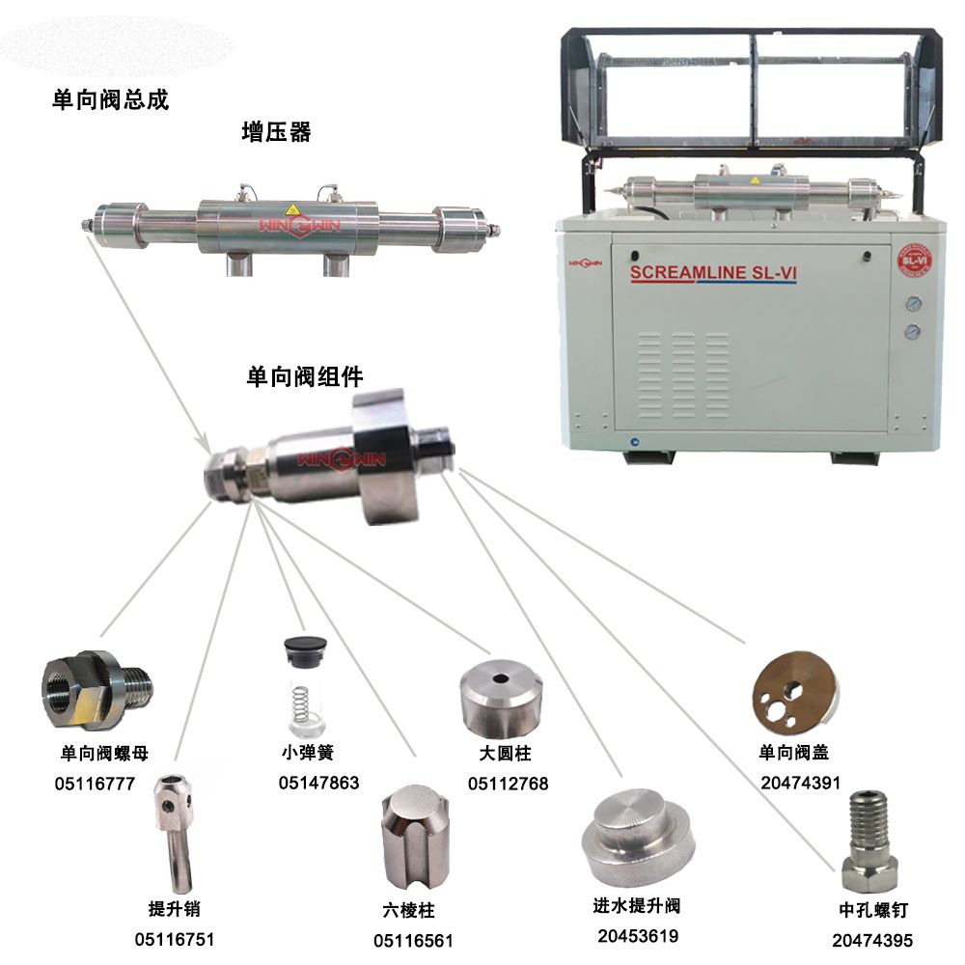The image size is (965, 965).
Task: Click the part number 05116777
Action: point(95,784)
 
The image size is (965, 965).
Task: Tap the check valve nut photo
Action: point(96,690)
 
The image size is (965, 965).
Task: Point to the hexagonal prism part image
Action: point(415,835)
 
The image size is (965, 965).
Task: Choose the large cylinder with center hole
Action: point(502,698)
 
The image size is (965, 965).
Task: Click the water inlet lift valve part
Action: point(638,837)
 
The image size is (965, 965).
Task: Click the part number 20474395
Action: point(872,940)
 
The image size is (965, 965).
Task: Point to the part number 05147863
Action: point(318,783)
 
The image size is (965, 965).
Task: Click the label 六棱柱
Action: point(408,910)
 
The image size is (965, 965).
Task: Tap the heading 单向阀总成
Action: point(110,99)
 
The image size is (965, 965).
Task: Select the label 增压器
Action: point(276,131)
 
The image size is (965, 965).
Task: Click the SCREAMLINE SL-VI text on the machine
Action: point(713,272)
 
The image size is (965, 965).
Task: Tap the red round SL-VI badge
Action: point(915,261)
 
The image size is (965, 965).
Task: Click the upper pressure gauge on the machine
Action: point(914,304)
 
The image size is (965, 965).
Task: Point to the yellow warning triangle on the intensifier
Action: point(291,208)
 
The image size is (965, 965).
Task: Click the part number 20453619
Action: point(638,936)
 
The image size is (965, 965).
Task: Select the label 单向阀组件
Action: point(305,376)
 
